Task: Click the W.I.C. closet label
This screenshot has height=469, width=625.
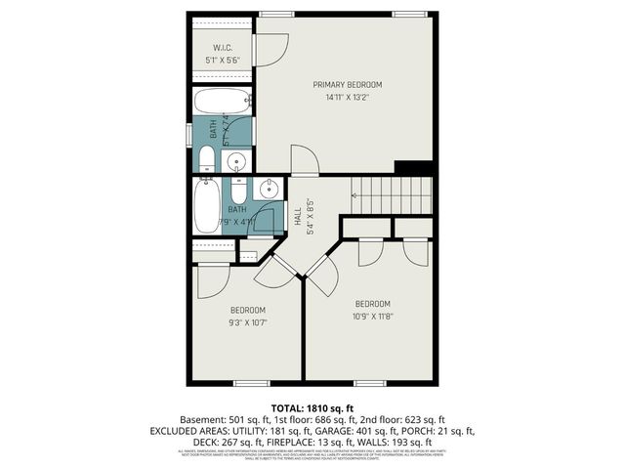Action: [x=221, y=47]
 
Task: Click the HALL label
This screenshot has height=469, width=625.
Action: [x=298, y=217]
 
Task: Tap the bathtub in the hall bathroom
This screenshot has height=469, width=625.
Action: [x=206, y=207]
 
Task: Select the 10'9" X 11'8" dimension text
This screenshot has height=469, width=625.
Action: [x=372, y=315]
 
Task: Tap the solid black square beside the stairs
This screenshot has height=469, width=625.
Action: [x=412, y=167]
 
